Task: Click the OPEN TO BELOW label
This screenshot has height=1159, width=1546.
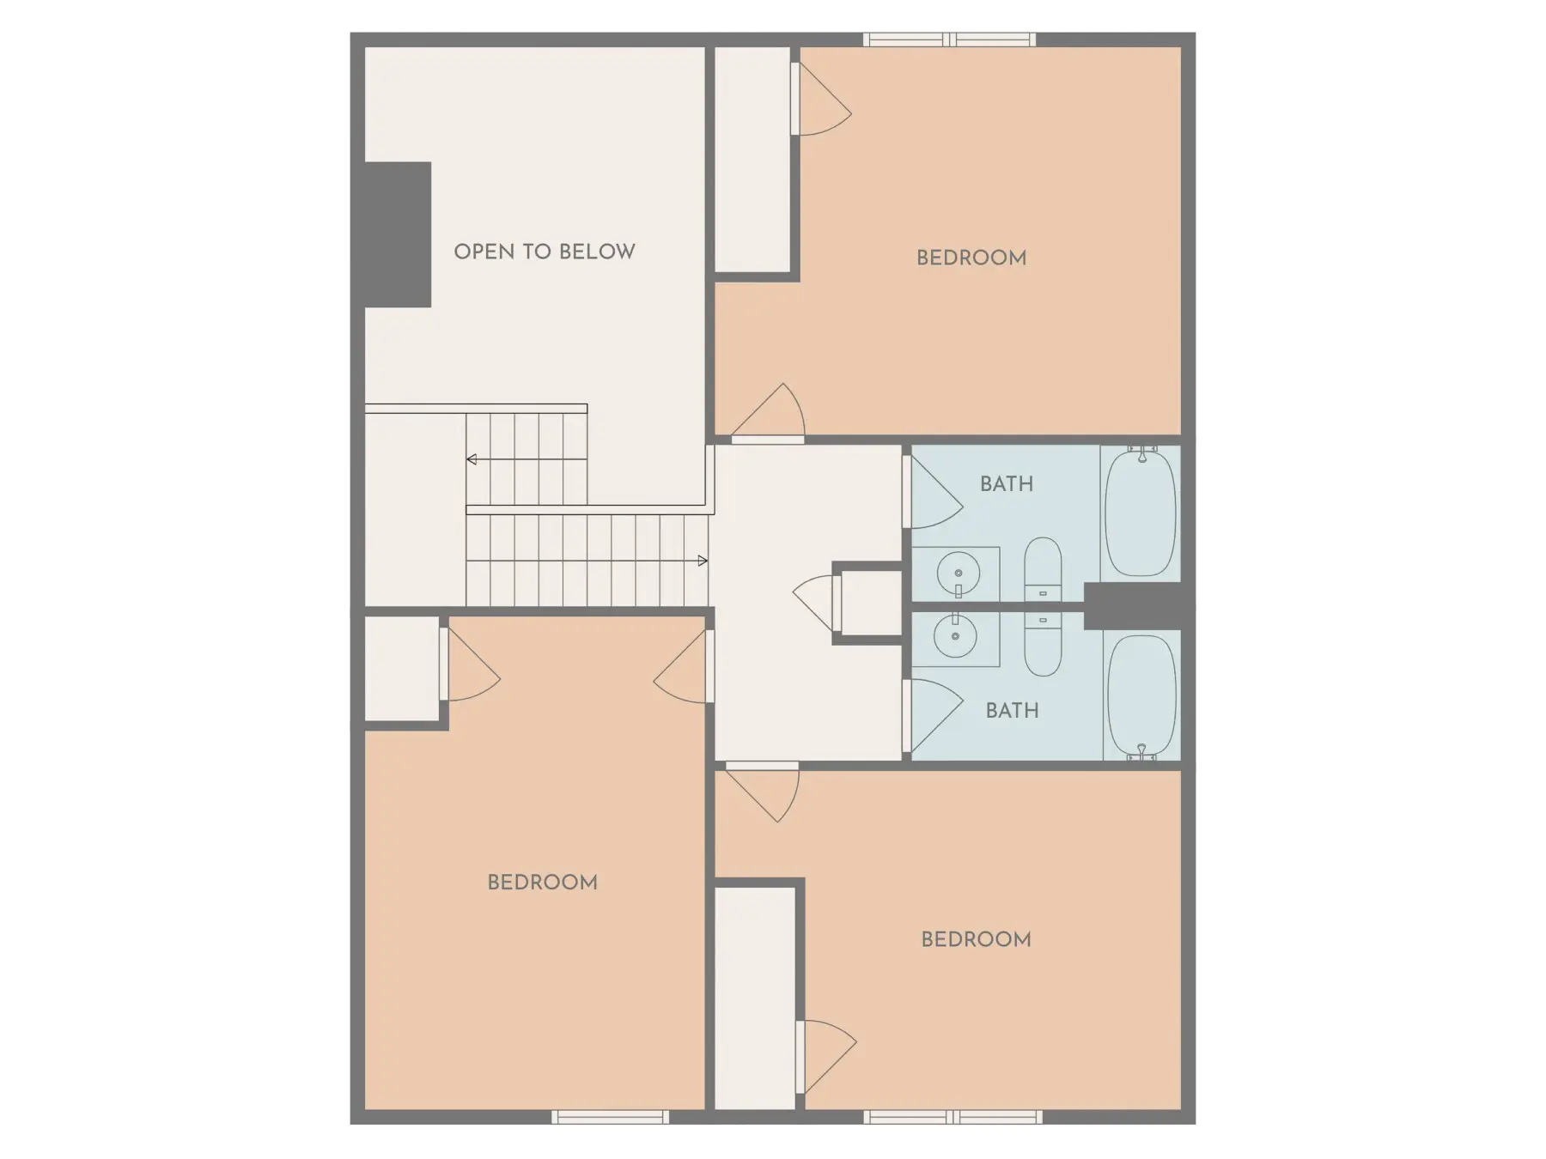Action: coord(545,252)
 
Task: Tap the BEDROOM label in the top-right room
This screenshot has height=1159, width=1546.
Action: coord(971,258)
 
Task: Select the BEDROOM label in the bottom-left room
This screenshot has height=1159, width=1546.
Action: coord(542,883)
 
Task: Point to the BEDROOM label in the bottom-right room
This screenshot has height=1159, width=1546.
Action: coord(977,939)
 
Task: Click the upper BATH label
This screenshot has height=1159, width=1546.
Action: coord(1007,484)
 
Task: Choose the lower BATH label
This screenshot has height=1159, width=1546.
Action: coord(1013,711)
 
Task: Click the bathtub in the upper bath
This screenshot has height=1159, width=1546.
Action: coord(1140,512)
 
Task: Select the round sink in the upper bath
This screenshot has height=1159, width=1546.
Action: coord(956,573)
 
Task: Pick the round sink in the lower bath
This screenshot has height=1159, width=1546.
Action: coord(955,637)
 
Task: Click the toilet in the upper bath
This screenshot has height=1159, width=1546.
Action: coord(1043,569)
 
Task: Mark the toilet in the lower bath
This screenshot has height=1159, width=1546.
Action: coord(1043,644)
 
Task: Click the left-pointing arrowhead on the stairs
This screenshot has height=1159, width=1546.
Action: coord(472,459)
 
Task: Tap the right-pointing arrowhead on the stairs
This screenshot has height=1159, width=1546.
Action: coord(703,561)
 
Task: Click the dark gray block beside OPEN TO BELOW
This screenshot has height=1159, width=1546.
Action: coord(398,234)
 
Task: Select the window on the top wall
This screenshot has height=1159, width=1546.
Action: coord(949,39)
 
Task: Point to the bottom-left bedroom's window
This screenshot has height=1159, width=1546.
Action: coord(610,1117)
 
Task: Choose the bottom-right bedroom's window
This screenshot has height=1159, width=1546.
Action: coord(953,1117)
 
